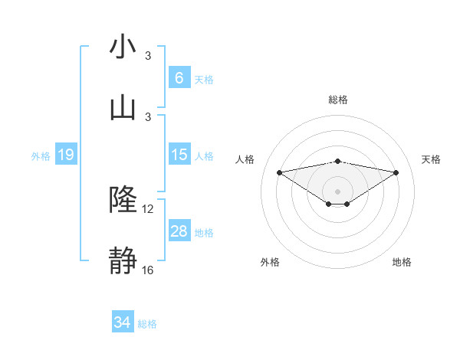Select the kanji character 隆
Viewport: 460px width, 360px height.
coord(123,200)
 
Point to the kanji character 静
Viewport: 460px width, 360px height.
coord(123,261)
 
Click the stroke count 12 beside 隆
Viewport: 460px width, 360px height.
coord(148,209)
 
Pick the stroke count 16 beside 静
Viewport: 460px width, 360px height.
coord(148,270)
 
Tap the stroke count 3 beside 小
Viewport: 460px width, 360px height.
coord(148,56)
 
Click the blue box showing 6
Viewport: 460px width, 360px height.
coord(179,77)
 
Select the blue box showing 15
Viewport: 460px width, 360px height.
coord(179,155)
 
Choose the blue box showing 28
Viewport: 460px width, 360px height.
coord(179,231)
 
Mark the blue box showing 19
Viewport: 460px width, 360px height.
coord(66,155)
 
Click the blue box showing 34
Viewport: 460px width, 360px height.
coord(123,322)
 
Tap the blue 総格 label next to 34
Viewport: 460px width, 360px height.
coord(147,324)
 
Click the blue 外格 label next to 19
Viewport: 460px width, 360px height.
coord(41,156)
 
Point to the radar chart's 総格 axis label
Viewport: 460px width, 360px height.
coord(338,100)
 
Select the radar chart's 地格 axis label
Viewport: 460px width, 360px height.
coord(402,262)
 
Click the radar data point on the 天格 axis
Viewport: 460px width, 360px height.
coord(396,172)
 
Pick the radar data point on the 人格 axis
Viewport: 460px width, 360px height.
coord(279,172)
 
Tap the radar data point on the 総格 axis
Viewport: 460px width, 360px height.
coord(338,161)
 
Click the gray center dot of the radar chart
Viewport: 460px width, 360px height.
coord(338,191)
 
